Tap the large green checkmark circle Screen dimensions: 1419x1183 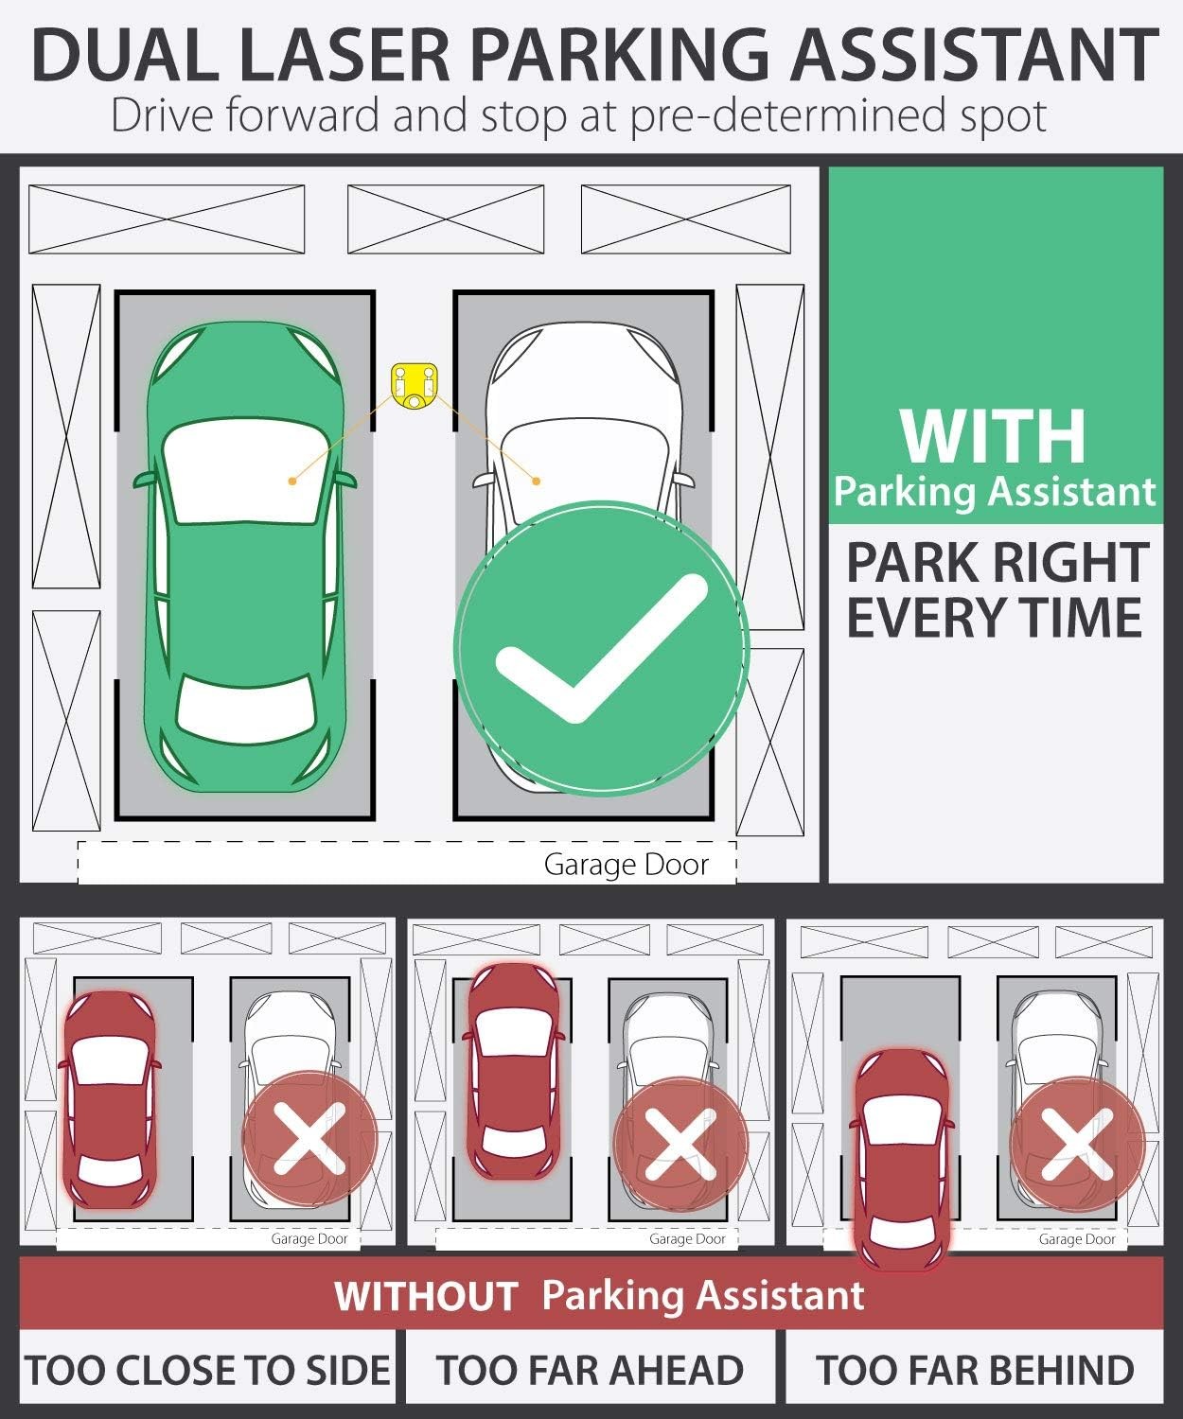[601, 648]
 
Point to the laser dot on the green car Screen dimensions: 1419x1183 [293, 482]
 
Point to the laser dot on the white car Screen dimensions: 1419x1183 [537, 482]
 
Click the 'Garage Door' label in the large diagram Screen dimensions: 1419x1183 [626, 865]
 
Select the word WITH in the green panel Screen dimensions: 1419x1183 [993, 436]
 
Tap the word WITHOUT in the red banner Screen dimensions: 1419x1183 [425, 1296]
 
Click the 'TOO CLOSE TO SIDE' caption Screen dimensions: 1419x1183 [208, 1371]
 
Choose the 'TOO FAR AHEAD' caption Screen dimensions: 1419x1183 [590, 1371]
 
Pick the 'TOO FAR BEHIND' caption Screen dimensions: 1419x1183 [975, 1371]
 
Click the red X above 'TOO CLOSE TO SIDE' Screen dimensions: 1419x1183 [309, 1138]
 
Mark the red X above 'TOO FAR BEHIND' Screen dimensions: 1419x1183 [1076, 1144]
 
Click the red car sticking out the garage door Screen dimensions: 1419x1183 [902, 1159]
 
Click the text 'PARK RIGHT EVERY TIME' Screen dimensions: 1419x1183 [997, 590]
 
